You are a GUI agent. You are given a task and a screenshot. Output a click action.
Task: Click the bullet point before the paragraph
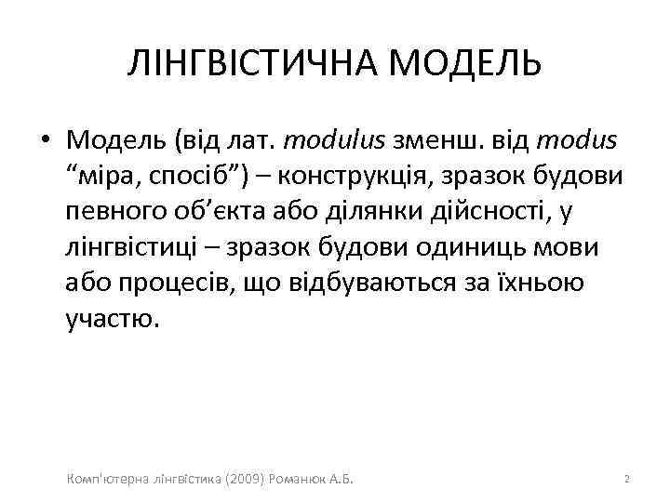pyautogui.click(x=45, y=140)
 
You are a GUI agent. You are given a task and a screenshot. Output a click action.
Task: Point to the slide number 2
pyautogui.click(x=627, y=479)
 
